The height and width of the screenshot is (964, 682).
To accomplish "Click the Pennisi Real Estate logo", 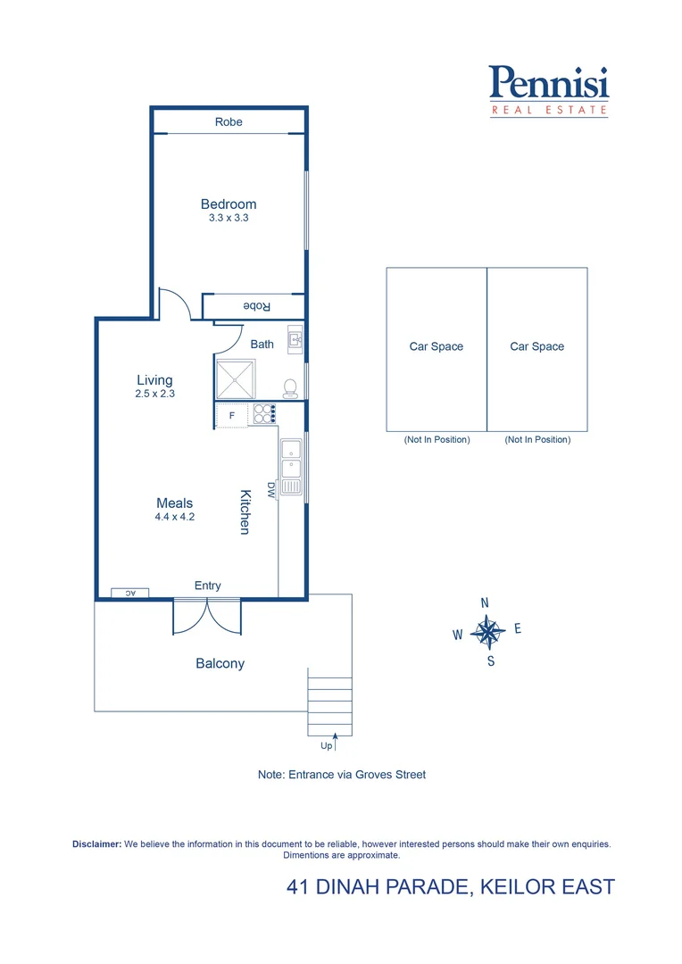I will point(549,89).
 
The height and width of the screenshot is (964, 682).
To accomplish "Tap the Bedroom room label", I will point(229,204).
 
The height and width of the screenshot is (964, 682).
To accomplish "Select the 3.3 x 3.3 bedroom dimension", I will point(229,218).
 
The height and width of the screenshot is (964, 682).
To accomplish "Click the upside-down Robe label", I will point(257,306).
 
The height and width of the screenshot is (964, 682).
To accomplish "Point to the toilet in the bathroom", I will point(290,387).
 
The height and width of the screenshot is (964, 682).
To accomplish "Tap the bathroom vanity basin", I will point(295,339).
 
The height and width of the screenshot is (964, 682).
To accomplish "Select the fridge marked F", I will point(232,415).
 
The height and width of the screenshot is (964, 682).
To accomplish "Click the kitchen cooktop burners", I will point(265,413).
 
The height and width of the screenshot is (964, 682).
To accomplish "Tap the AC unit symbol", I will point(129,592).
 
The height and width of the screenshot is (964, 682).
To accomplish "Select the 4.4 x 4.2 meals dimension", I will point(174,517).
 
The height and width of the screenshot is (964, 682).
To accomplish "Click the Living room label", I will point(154,380).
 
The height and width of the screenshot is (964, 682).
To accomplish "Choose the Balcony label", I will point(220,663).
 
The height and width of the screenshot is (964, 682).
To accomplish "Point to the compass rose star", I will point(488,632).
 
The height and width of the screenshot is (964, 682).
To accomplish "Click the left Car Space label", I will point(436,346).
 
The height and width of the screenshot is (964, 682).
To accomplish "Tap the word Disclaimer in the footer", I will point(96,843).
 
